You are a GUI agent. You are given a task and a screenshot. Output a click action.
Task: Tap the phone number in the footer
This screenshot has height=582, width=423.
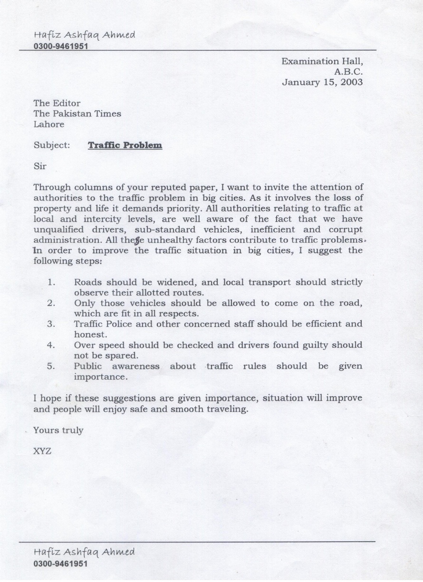pos(60,563)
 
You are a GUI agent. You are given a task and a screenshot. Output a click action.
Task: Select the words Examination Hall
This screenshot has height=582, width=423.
pos(322,61)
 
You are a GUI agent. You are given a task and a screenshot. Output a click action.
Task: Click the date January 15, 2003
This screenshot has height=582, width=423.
pos(322,82)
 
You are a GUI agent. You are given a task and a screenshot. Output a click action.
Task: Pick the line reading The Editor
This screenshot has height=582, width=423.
pos(57,103)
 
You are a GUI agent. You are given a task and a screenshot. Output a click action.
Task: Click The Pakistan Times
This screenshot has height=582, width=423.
pos(77,114)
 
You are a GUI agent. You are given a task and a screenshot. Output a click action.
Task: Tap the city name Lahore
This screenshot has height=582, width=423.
pos(48,124)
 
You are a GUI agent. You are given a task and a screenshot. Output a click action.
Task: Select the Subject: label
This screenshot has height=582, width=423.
pos(52,145)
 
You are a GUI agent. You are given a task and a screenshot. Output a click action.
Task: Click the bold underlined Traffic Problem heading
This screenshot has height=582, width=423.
pos(125,145)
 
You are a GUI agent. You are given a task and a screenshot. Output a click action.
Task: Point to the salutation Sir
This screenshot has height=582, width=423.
pos(40,166)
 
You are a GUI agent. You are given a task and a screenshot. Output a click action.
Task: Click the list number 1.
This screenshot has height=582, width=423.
pos(52,282)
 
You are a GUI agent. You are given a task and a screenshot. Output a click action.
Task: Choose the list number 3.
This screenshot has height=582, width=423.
pos(52,324)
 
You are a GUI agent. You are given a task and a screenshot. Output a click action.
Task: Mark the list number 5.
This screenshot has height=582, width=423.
pos(52,366)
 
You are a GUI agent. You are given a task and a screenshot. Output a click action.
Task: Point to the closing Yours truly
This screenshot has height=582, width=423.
pos(58,430)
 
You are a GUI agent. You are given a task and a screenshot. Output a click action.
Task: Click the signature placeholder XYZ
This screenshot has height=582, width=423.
pos(42,452)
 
